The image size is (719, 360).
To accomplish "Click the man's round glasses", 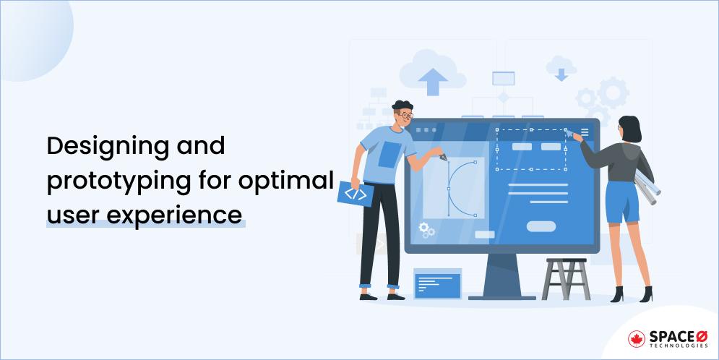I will [x=405, y=115].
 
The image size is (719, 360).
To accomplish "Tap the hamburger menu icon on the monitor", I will [x=585, y=132].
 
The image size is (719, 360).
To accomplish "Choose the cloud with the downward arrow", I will [x=559, y=67].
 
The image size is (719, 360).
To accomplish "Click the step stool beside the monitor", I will [x=566, y=278].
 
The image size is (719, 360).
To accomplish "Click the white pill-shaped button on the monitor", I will [x=541, y=226].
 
